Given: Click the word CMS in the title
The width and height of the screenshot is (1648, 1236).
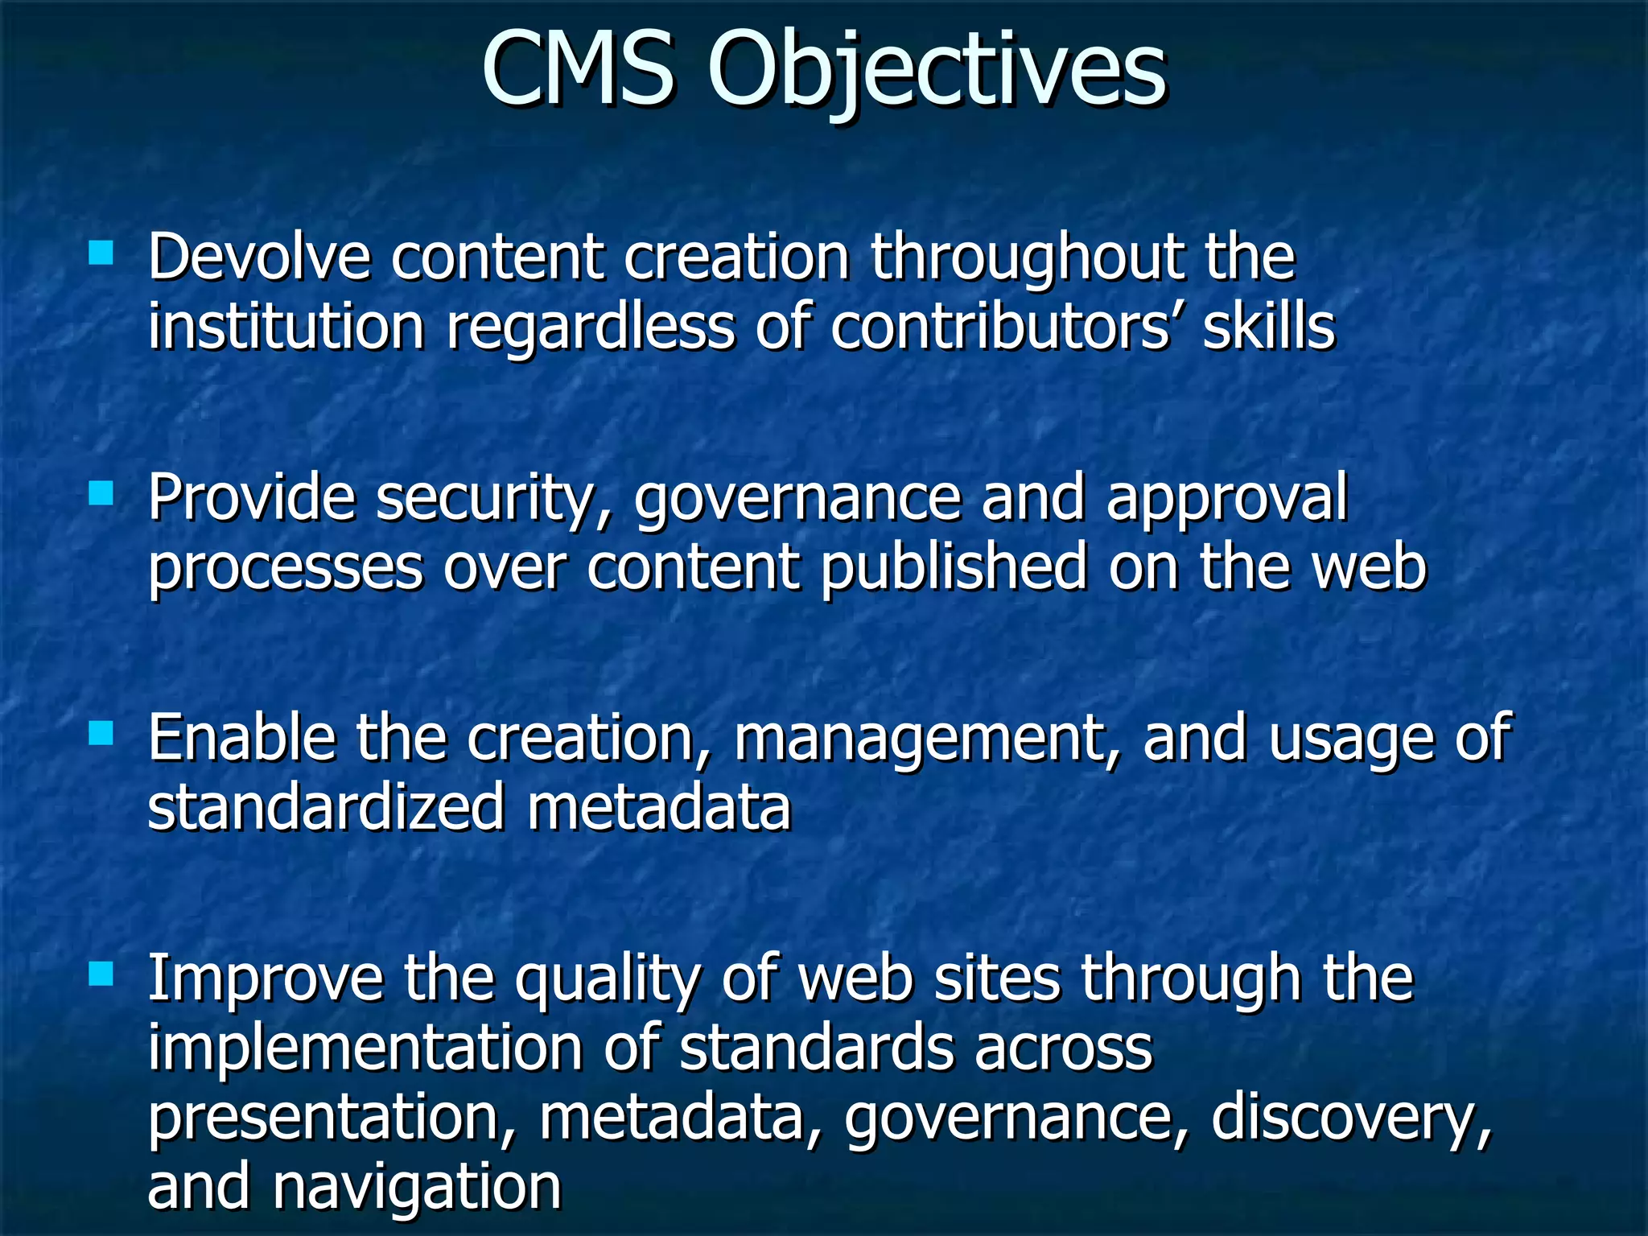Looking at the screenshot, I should [x=578, y=71].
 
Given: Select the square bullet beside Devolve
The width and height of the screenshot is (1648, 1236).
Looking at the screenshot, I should [x=101, y=253].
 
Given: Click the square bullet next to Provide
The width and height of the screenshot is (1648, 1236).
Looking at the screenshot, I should [x=101, y=493].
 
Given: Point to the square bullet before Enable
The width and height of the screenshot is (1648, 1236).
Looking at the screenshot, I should [x=101, y=733].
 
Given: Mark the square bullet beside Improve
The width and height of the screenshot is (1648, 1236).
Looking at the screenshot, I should [x=101, y=974].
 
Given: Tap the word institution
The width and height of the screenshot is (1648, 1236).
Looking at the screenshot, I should [x=286, y=328].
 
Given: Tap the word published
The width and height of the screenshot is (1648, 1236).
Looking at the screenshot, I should [x=954, y=568].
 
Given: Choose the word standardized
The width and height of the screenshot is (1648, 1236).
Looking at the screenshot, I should [x=327, y=807].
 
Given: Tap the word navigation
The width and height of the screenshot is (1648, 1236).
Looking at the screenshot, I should [x=417, y=1187].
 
